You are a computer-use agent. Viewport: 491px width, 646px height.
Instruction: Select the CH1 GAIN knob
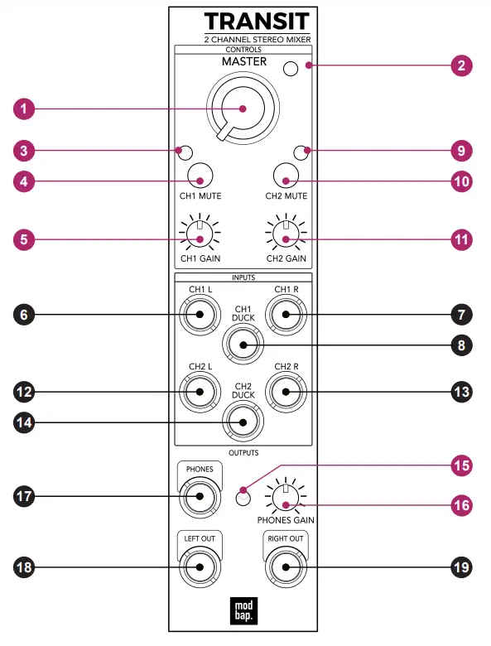click(199, 239)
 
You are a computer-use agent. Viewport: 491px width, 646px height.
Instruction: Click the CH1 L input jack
click(200, 315)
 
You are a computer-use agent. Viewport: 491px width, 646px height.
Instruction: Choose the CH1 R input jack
click(284, 315)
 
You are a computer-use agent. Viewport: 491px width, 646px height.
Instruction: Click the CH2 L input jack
click(200, 391)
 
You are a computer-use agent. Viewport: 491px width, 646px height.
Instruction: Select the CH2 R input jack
click(284, 391)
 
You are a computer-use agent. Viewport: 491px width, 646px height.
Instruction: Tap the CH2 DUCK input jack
click(242, 422)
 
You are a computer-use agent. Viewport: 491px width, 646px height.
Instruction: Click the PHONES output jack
click(199, 497)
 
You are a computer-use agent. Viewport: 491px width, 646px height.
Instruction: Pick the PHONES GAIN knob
click(284, 504)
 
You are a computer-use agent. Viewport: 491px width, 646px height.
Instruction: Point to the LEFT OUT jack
click(199, 567)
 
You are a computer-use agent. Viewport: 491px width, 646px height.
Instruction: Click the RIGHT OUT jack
click(284, 567)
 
